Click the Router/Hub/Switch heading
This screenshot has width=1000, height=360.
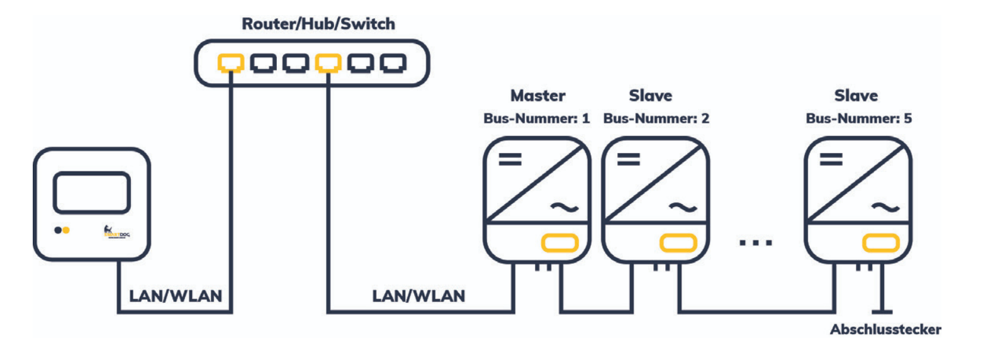pyautogui.click(x=318, y=24)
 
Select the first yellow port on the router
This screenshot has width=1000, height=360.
pyautogui.click(x=231, y=62)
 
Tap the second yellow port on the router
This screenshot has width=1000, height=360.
pyautogui.click(x=328, y=62)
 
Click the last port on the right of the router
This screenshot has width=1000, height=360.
pyautogui.click(x=394, y=62)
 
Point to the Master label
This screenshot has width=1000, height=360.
pyautogui.click(x=537, y=96)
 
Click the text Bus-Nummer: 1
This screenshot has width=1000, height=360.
pyautogui.click(x=536, y=118)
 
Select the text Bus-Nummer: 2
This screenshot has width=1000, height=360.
pyautogui.click(x=656, y=118)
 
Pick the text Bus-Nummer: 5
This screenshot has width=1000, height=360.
pyautogui.click(x=858, y=118)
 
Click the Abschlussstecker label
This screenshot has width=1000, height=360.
pyautogui.click(x=885, y=330)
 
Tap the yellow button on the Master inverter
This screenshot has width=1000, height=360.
pyautogui.click(x=559, y=242)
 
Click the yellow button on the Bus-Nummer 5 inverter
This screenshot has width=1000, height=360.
pyautogui.click(x=880, y=242)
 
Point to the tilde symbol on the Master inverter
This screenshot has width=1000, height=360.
pyautogui.click(x=565, y=207)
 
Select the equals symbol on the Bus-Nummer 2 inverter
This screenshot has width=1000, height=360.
pyautogui.click(x=628, y=160)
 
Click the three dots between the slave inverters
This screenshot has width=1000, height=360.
pyautogui.click(x=756, y=242)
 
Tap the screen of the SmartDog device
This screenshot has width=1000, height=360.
pyautogui.click(x=92, y=193)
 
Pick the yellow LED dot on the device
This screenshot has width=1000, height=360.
pyautogui.click(x=66, y=230)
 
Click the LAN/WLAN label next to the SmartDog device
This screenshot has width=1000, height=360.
pyautogui.click(x=176, y=296)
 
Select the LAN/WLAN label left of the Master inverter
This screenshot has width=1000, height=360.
pyautogui.click(x=419, y=296)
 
